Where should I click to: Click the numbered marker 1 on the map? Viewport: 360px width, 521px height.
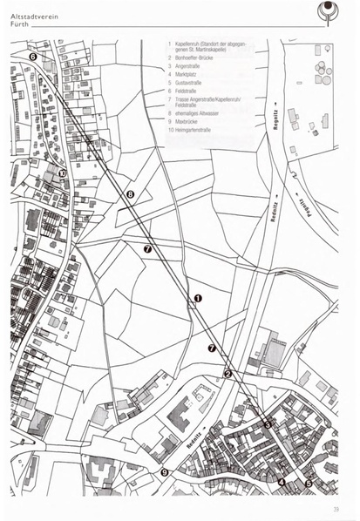click(198, 298)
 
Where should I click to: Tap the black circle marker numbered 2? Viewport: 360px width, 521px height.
click(228, 374)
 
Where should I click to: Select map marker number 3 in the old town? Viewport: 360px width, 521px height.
click(268, 424)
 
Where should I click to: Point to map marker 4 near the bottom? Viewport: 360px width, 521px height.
click(282, 481)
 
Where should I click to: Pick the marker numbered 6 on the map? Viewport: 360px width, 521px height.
click(32, 57)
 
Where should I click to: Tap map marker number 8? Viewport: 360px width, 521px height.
click(130, 194)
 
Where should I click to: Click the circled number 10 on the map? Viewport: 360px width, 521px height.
click(63, 173)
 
